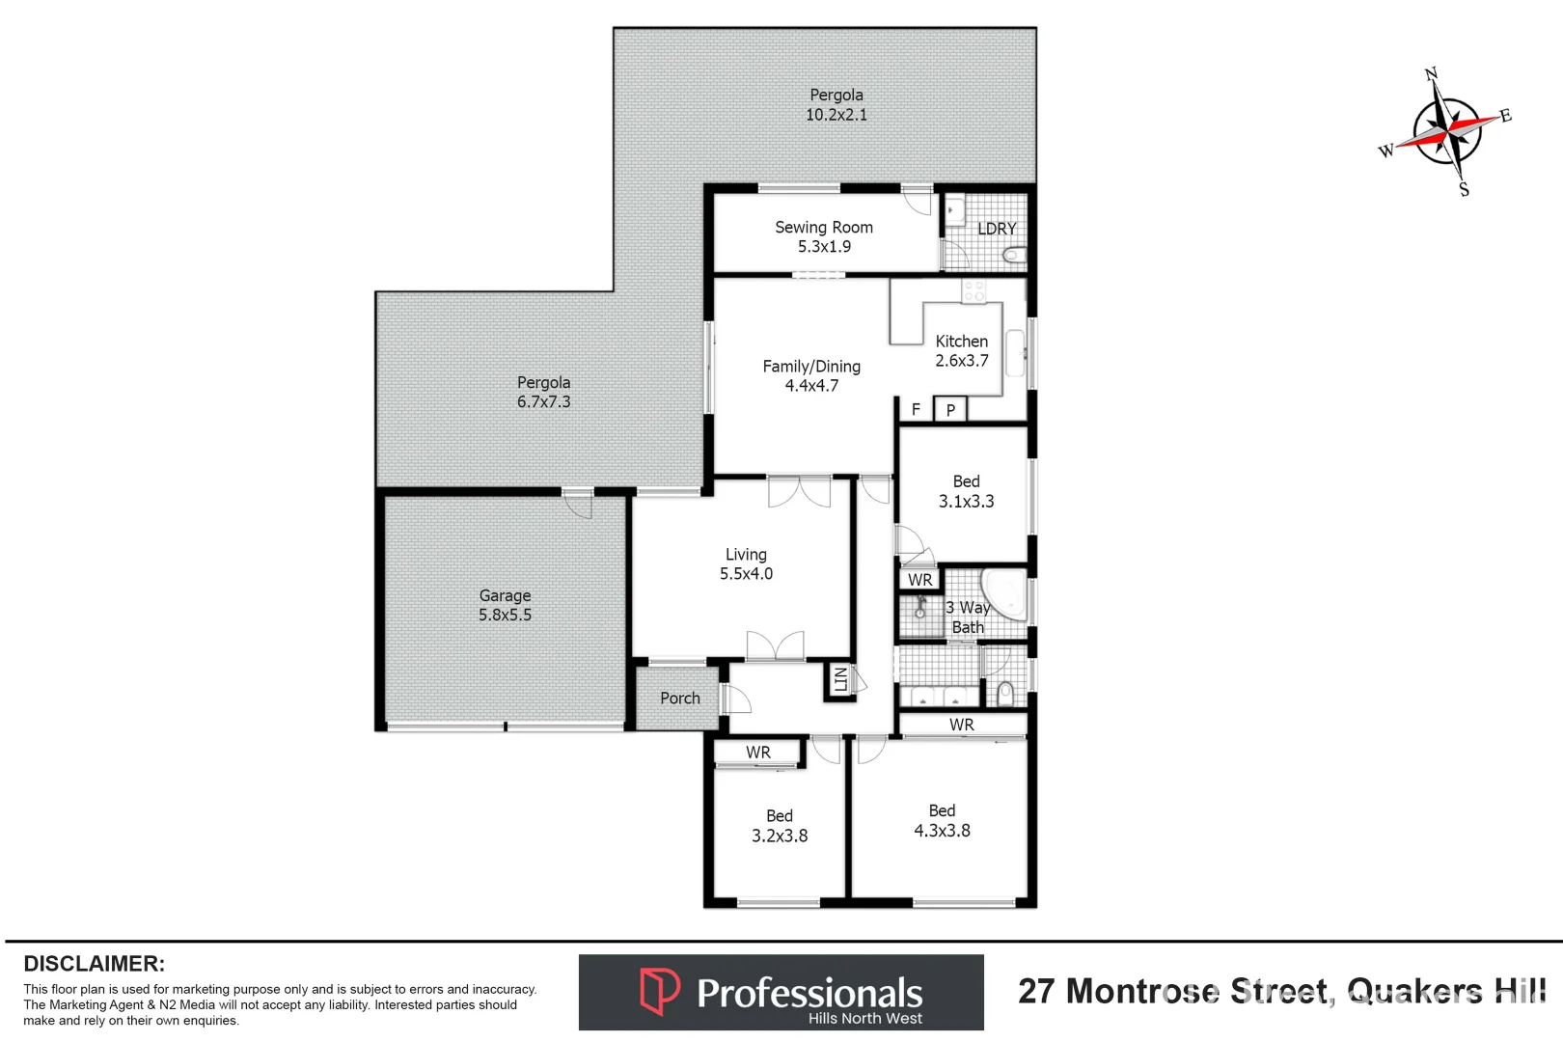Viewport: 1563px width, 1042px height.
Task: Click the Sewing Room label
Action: point(824,236)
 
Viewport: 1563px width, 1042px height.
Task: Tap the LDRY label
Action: point(997,229)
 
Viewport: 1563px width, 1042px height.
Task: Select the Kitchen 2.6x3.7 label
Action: point(961,351)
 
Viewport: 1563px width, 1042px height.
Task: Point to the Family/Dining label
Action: point(811,375)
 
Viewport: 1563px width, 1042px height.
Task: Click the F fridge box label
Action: point(916,409)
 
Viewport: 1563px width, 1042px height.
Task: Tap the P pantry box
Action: point(950,410)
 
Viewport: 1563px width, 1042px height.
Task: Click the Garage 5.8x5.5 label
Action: point(505,605)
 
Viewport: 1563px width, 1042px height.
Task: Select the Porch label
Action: point(680,698)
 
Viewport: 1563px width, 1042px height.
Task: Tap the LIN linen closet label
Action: point(840,679)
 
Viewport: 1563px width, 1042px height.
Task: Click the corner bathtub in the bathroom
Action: point(1005,593)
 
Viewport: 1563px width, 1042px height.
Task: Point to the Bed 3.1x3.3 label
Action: point(966,491)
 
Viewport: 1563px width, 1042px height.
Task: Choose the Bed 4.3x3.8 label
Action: point(942,820)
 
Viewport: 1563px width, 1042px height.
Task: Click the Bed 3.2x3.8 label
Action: point(780,826)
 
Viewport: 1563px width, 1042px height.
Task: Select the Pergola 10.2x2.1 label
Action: point(836,104)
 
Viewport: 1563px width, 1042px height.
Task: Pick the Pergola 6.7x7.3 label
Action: point(543,392)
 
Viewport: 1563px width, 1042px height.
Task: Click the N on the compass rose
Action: point(1431,74)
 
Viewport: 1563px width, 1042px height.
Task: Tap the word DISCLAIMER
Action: point(94,963)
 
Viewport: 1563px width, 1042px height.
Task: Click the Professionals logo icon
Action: point(660,991)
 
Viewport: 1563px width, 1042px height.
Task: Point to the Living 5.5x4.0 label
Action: point(746,563)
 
